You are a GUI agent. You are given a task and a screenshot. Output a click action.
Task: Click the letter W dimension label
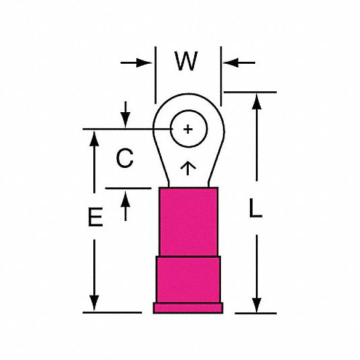click(x=186, y=60)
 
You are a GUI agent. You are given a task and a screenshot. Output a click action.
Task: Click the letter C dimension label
click(x=125, y=158)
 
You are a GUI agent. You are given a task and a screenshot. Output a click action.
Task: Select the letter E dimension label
click(x=95, y=217)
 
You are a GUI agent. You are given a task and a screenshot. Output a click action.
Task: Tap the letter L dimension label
click(x=255, y=208)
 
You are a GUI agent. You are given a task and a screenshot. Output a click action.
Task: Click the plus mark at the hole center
click(x=188, y=129)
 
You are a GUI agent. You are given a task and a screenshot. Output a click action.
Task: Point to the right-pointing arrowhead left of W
click(x=144, y=62)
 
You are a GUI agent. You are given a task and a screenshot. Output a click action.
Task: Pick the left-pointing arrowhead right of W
click(x=231, y=62)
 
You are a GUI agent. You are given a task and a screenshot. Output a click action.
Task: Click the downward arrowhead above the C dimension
click(x=126, y=120)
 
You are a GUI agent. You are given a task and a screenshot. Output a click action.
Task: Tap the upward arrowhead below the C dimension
click(x=126, y=199)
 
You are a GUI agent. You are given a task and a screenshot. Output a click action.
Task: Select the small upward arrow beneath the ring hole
click(x=188, y=169)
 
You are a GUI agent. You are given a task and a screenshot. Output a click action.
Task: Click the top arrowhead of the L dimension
click(x=257, y=101)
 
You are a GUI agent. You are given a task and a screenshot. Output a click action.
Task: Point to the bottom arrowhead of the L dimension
click(x=257, y=306)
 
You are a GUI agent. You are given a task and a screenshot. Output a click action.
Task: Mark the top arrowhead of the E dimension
click(x=94, y=138)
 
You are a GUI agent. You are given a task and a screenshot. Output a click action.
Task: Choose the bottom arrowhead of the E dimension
click(x=94, y=303)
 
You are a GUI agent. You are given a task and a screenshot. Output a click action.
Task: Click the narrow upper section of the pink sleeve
click(x=188, y=222)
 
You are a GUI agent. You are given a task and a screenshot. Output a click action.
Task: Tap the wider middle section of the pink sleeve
click(x=188, y=279)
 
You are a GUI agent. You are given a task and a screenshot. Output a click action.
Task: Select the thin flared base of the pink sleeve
click(x=188, y=308)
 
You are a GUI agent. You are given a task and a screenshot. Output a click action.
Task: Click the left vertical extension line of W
click(x=155, y=75)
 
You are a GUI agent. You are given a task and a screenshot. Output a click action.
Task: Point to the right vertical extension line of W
click(x=221, y=76)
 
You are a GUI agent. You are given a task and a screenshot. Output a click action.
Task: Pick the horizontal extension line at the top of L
click(x=250, y=92)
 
